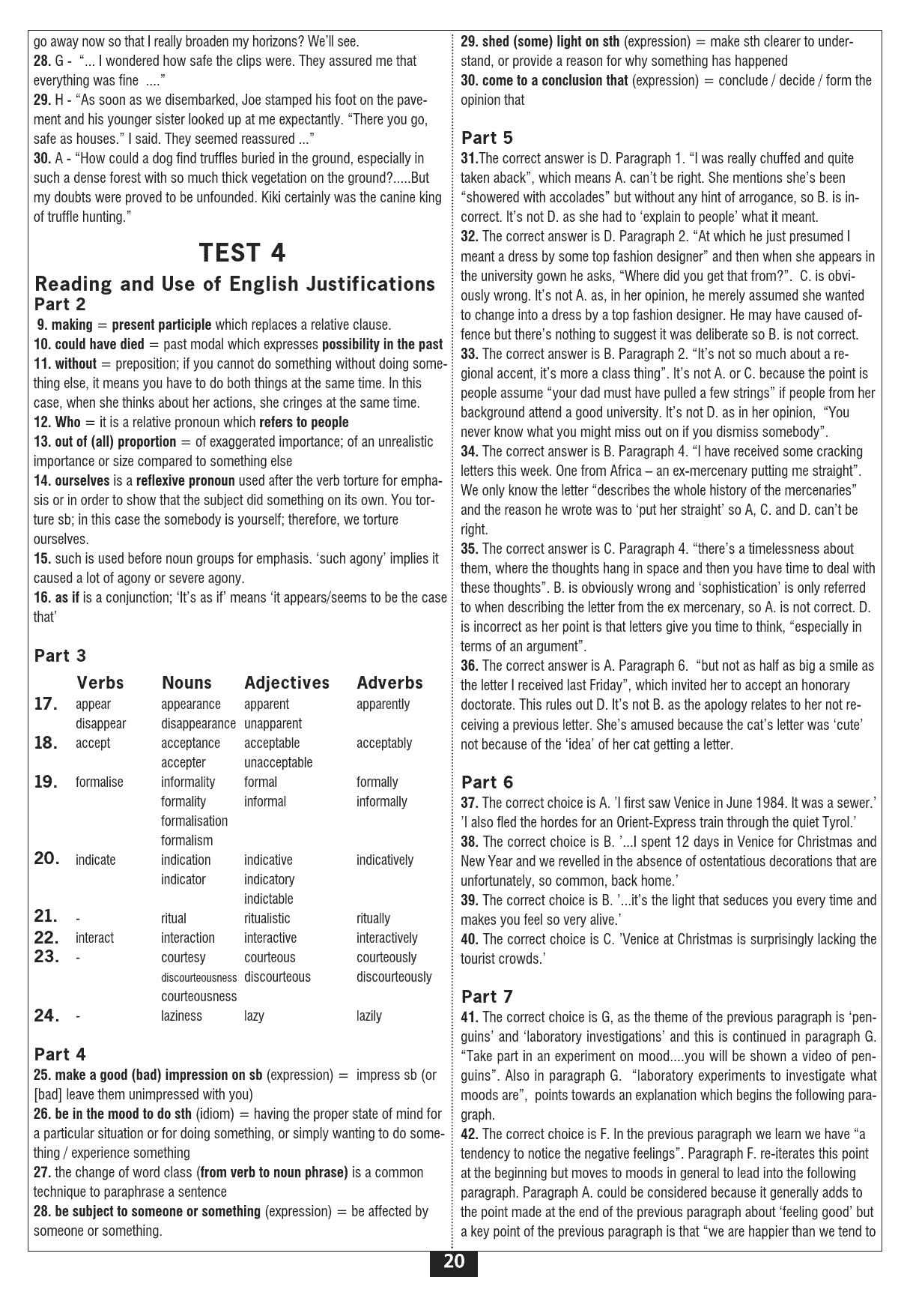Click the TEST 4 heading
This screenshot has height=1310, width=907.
[242, 253]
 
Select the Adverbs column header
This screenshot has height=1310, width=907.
[389, 683]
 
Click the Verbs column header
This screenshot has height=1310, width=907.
[100, 683]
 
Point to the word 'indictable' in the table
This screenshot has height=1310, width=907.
[268, 899]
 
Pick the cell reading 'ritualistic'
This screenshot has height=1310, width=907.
[267, 918]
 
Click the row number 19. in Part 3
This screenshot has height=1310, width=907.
[46, 782]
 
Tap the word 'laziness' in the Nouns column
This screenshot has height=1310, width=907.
[181, 1015]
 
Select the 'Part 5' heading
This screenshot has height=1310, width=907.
[488, 137]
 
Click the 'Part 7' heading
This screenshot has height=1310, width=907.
[488, 996]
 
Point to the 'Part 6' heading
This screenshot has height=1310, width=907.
[488, 782]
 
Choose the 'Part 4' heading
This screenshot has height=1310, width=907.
[61, 1054]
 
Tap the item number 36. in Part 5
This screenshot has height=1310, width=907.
[470, 665]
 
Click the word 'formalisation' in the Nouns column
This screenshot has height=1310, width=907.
[194, 821]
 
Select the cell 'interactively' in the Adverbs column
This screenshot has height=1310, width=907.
[386, 938]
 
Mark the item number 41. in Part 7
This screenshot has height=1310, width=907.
[470, 1017]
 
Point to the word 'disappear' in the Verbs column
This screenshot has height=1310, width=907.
[100, 723]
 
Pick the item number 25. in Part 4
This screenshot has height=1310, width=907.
[43, 1075]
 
